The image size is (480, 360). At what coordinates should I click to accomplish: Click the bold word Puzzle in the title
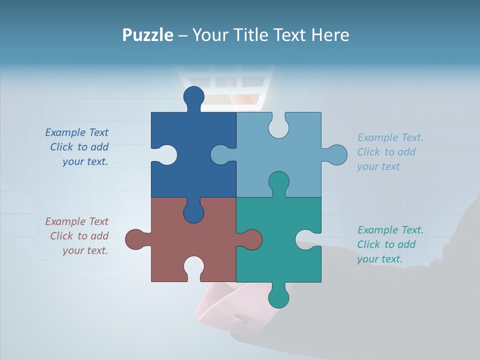148,35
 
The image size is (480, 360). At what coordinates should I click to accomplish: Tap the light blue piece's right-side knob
336,155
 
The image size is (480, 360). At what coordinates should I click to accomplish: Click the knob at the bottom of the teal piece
278,297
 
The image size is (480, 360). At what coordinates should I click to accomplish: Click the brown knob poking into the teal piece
251,239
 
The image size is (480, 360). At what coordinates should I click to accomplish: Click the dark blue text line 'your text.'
85,161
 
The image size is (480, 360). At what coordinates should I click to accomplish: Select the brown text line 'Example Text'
76,221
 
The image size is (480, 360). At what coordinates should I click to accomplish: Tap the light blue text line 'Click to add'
386,152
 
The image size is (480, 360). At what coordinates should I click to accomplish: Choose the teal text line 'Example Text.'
390,230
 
